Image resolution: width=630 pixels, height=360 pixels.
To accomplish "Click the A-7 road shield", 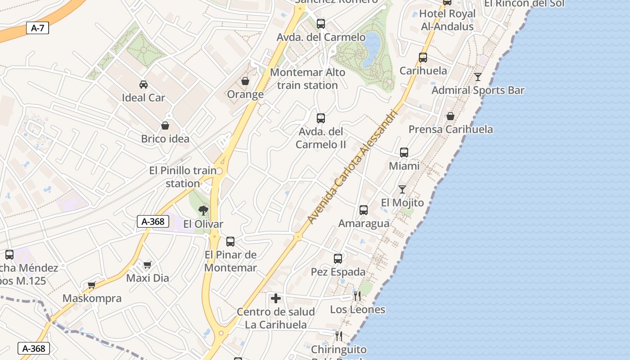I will click(37, 28).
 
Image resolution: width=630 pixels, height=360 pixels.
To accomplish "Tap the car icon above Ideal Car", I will click(143, 84).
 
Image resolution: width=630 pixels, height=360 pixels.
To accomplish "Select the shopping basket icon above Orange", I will click(245, 81).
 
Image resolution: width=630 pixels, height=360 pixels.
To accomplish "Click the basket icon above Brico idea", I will click(165, 126).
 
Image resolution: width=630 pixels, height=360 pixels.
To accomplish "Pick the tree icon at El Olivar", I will click(203, 210).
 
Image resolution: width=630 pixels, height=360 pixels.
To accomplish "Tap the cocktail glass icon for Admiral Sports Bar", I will click(477, 77).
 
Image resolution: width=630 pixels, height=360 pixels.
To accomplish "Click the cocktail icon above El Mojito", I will click(402, 189).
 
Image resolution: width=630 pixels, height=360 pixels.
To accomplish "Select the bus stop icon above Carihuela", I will click(423, 58).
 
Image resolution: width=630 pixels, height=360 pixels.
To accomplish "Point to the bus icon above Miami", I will click(404, 153).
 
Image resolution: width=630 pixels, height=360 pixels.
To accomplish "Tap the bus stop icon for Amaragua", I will click(363, 210).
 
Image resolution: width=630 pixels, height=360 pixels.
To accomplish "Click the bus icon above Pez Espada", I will click(338, 259).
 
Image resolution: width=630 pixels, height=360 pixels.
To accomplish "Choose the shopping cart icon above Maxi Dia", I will click(147, 265).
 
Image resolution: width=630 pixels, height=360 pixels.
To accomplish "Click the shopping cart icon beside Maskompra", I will click(92, 285).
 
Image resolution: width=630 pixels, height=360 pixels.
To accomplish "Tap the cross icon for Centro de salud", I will click(276, 298).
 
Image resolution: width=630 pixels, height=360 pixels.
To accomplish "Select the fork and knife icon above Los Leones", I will click(357, 296).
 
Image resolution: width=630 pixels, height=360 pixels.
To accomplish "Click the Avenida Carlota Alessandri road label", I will click(353, 167).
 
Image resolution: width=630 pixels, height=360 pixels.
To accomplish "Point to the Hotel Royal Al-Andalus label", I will click(447, 20).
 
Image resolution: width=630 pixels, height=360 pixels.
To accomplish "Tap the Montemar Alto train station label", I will click(308, 79).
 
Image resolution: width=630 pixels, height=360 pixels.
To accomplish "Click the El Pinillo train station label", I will click(183, 177).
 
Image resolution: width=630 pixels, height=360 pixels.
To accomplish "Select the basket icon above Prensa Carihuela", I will click(450, 116).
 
